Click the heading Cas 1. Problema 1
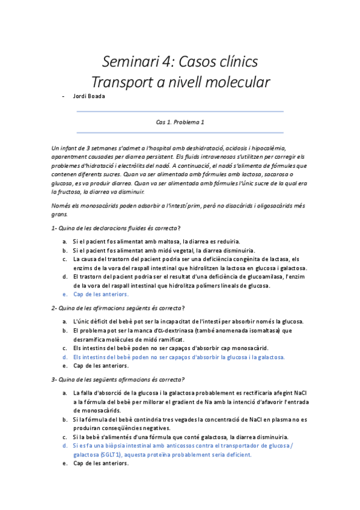click(180, 122)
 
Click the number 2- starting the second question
click(55, 308)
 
